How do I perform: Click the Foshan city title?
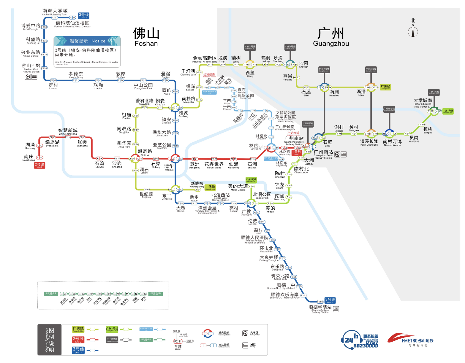tap(146, 37)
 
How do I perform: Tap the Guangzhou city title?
tap(331, 37)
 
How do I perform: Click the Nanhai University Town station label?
tap(55, 12)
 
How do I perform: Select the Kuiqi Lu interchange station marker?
tap(135, 159)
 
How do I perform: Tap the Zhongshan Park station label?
tap(143, 86)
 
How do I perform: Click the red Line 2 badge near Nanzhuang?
tap(39, 165)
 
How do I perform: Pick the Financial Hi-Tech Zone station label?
tap(205, 59)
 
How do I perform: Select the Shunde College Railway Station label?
tap(320, 309)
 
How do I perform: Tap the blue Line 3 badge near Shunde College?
tap(330, 300)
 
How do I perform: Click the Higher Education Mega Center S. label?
tap(423, 102)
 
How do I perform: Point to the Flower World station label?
tap(214, 165)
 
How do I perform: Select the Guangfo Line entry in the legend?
tap(78, 329)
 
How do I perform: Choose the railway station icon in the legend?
tap(245, 333)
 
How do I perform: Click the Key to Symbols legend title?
tap(50, 340)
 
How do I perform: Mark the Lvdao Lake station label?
tap(52, 144)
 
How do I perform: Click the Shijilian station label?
tap(146, 195)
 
